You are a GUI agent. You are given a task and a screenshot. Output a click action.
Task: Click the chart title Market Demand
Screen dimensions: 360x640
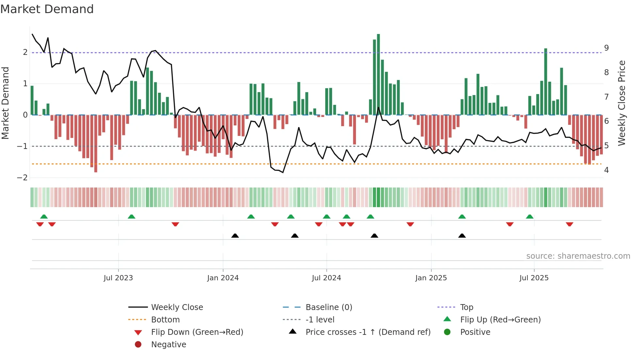coord(47,9)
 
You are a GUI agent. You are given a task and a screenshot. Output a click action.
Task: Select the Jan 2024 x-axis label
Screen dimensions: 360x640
coord(223,278)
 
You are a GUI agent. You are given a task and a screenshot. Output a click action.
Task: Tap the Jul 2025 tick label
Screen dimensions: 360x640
coord(534,278)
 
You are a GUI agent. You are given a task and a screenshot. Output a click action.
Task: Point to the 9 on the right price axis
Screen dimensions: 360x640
coord(606,48)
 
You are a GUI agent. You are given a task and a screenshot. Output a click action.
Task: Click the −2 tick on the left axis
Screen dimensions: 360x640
coord(22,178)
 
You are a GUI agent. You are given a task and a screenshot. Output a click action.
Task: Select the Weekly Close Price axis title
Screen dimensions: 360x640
coord(622,103)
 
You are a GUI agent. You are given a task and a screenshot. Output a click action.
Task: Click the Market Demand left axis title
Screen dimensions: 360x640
coord(5,103)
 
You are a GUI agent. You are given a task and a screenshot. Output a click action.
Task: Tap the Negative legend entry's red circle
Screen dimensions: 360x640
coord(138,345)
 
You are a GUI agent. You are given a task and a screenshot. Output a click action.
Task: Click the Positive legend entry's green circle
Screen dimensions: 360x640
coord(447,332)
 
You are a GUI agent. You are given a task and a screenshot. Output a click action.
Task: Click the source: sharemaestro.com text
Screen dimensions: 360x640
coord(578,256)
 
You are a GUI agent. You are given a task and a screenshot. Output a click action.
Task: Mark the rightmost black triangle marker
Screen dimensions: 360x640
coord(462,236)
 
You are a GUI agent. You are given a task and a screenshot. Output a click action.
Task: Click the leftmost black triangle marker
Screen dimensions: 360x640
coord(235,236)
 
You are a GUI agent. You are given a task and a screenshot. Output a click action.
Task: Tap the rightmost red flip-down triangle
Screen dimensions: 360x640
coord(569,224)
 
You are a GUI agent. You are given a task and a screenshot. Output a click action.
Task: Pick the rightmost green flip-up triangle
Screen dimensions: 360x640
coord(530,217)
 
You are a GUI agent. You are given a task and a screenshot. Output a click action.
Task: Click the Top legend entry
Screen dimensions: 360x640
coord(466,307)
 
